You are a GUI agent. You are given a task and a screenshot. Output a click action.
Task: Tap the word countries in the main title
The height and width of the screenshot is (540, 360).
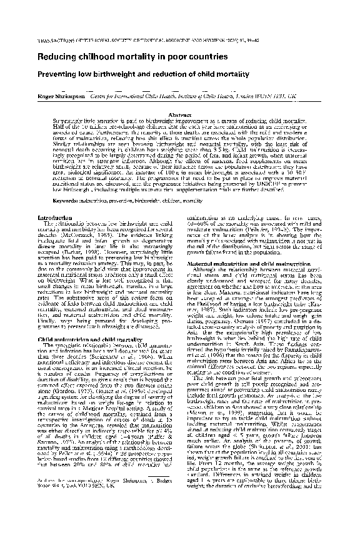(x=197, y=57)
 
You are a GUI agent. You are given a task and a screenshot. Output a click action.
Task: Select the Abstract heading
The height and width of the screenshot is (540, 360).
(x=179, y=115)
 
